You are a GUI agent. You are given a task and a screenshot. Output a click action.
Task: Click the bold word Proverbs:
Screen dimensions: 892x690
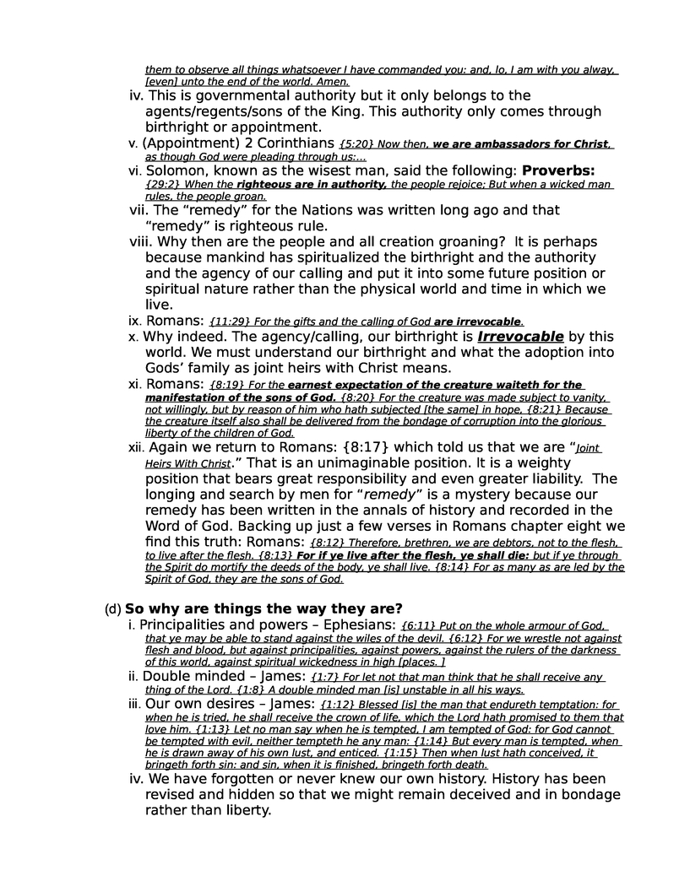[558, 170]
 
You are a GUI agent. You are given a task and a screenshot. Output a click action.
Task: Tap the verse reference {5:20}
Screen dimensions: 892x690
[354, 144]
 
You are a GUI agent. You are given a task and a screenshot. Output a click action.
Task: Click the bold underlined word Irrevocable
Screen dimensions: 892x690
[514, 336]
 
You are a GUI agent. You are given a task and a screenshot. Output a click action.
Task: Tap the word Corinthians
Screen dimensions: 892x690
[289, 143]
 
